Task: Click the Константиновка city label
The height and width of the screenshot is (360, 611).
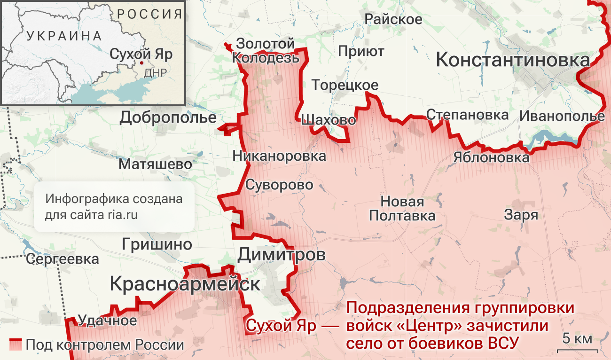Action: (513, 60)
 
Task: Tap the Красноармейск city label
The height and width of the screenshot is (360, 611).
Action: (185, 284)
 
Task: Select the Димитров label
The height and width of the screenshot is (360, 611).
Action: (282, 254)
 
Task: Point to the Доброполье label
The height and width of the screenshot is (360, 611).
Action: (168, 117)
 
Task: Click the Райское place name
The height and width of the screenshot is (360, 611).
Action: (393, 19)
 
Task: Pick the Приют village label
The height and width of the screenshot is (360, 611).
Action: (361, 51)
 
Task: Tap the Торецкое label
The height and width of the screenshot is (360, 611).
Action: (345, 85)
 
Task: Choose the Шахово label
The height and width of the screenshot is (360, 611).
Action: (328, 120)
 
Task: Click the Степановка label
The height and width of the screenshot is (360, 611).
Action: (468, 115)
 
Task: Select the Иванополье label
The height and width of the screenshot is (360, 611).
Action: (562, 116)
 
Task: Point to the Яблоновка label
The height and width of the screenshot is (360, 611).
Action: (491, 157)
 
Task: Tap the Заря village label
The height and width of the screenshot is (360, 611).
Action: (521, 215)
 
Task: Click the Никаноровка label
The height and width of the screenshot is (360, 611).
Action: (279, 156)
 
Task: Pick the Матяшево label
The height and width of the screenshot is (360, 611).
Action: (155, 164)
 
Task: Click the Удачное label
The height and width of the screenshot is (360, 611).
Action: (107, 321)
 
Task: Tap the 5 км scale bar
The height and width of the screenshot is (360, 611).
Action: (577, 350)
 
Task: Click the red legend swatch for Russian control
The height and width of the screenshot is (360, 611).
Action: (16, 344)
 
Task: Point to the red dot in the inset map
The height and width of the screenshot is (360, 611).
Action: (141, 62)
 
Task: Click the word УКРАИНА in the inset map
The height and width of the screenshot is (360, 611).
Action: (64, 36)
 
